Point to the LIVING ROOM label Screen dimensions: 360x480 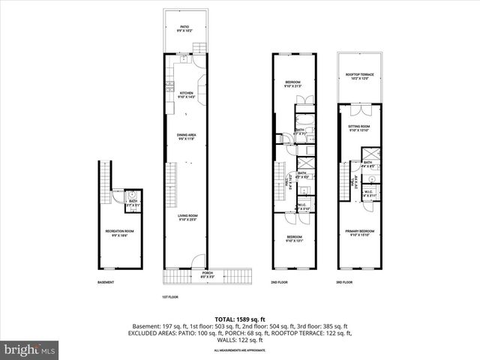[186, 218]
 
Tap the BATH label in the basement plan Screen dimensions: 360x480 [133, 201]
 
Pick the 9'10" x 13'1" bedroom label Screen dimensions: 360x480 [292, 238]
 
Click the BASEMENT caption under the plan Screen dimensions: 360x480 [106, 283]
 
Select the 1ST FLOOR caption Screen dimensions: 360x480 [170, 297]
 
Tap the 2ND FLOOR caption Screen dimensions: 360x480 [279, 283]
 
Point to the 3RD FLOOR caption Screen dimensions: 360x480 [346, 283]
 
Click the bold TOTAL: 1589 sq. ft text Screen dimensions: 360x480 [240, 319]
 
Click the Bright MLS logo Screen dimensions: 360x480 [30, 349]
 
